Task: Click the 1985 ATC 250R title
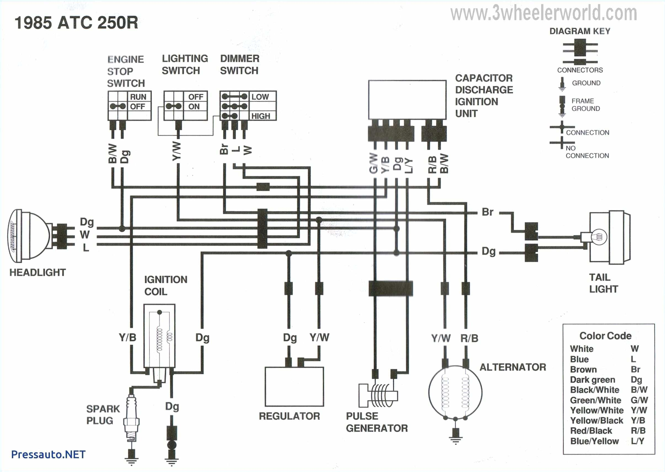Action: point(76,23)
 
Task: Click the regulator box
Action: point(294,386)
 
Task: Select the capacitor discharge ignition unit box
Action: point(407,99)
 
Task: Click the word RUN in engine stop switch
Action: point(138,97)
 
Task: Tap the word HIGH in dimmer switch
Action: point(261,116)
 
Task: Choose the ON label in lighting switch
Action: point(194,107)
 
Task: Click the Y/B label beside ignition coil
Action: point(127,337)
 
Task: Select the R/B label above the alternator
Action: point(469,338)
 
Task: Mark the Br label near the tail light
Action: point(487,212)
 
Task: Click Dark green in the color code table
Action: point(592,380)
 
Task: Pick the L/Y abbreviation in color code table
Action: point(637,441)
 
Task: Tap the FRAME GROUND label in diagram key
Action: point(585,105)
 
